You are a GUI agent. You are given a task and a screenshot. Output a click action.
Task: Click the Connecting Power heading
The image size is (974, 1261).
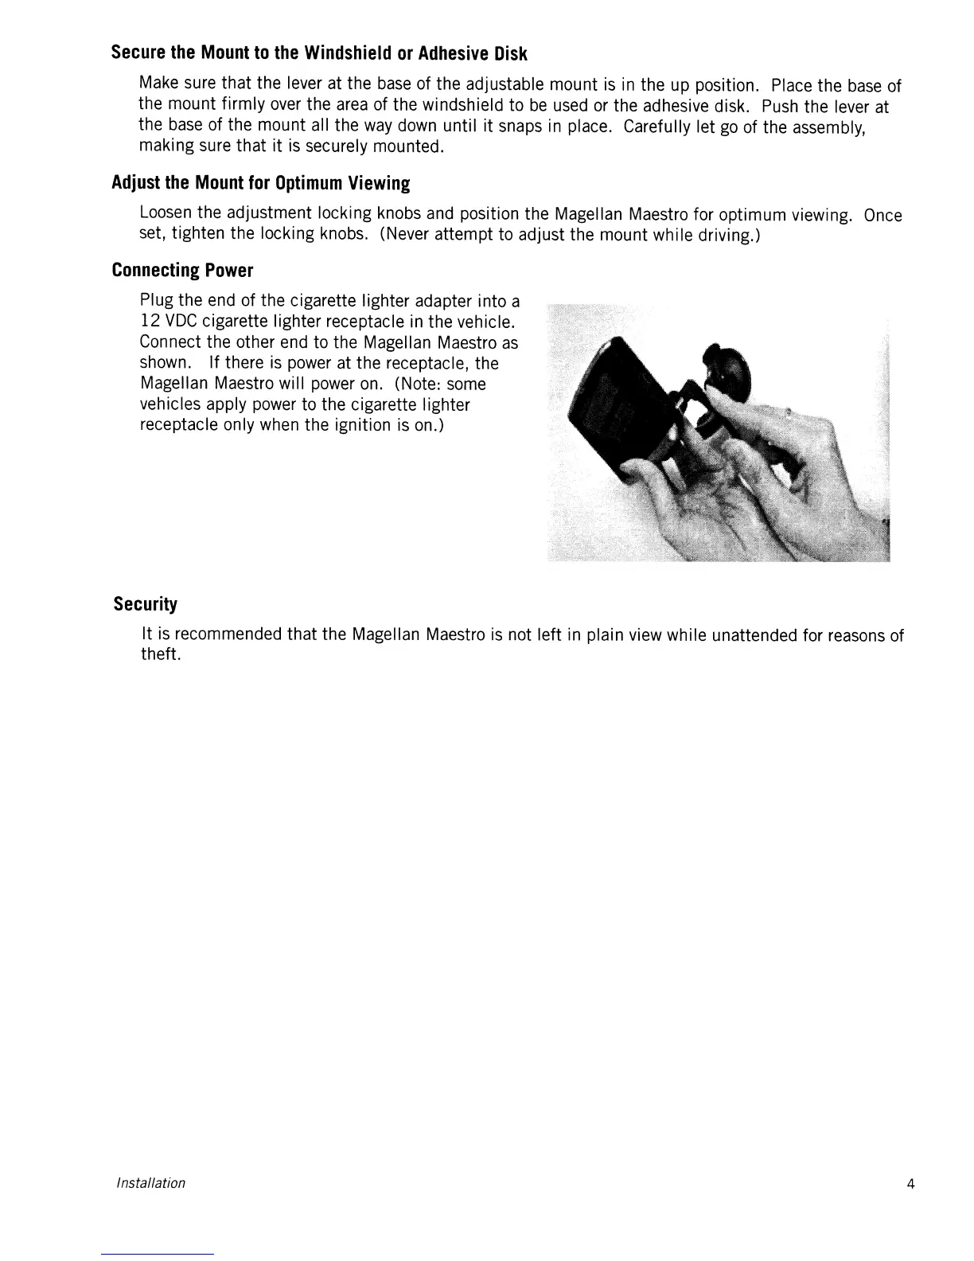click(x=182, y=271)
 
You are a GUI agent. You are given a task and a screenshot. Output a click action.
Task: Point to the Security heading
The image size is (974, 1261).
click(x=145, y=604)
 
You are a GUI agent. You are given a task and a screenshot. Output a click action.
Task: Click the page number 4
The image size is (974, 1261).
click(x=910, y=1184)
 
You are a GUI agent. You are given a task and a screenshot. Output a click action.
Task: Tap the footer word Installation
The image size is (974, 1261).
click(x=150, y=1183)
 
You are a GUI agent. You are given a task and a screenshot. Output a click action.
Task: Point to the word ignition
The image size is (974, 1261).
click(x=349, y=425)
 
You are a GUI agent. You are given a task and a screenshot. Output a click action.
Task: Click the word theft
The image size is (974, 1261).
click(x=160, y=655)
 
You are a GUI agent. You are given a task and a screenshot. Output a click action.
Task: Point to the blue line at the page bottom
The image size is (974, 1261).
click(x=158, y=1254)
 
